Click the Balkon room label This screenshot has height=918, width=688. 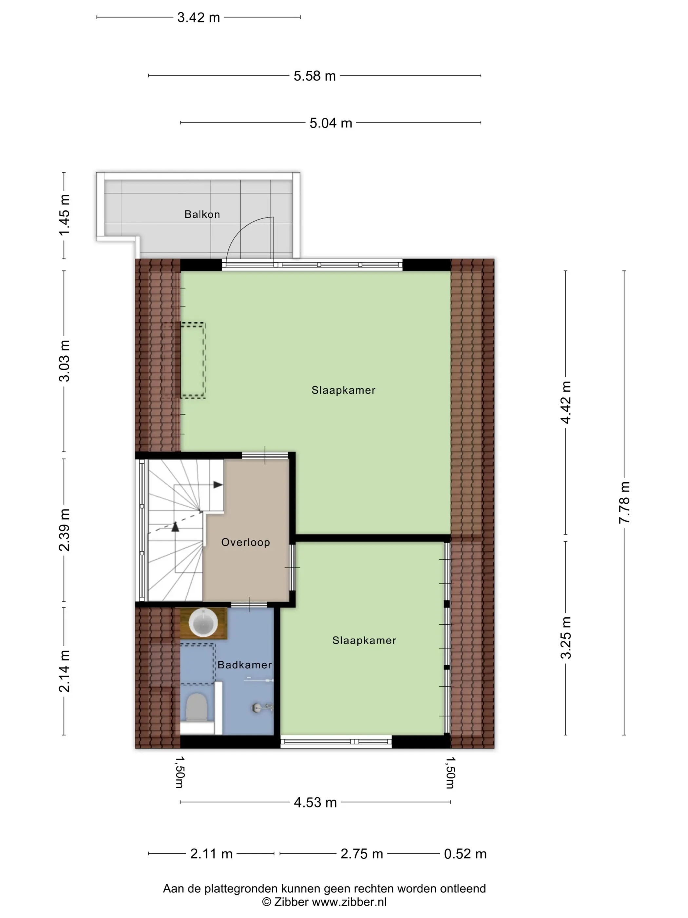[202, 214]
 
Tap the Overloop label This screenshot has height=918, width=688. [245, 542]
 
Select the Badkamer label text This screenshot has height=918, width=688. [245, 665]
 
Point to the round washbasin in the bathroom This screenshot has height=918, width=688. [203, 623]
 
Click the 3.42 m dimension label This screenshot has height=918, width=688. [199, 17]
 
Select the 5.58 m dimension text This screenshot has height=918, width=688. [315, 76]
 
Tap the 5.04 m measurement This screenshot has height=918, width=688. [331, 123]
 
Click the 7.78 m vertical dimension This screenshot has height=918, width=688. [624, 503]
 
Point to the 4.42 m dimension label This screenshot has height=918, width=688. [566, 402]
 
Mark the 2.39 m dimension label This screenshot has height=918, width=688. [64, 530]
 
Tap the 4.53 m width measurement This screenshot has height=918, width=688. [315, 802]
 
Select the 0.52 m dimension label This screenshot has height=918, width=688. [465, 854]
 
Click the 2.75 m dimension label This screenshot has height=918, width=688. [362, 854]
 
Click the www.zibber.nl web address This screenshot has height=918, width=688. [349, 901]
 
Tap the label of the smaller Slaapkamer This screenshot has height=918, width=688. [364, 640]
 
